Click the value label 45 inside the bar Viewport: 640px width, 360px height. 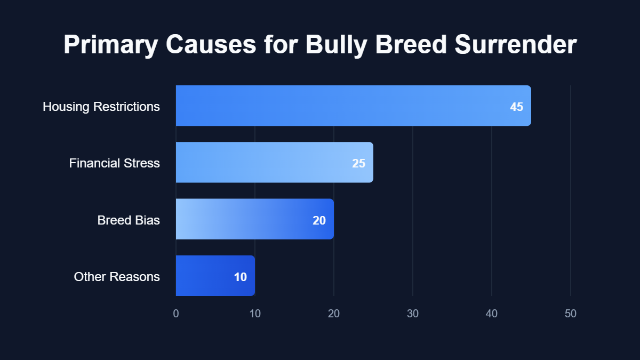point(516,107)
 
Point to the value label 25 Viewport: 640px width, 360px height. point(358,163)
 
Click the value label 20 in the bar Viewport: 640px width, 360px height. point(319,220)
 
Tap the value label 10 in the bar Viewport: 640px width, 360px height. point(240,277)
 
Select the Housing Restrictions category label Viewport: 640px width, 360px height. point(101,107)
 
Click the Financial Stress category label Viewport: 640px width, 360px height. point(115,163)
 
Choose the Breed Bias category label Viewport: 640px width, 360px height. point(129,220)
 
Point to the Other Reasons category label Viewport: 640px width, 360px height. point(117,277)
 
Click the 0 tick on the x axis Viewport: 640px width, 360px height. point(176,314)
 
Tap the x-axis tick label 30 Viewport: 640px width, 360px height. point(413,314)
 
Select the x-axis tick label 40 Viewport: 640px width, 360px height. point(492,314)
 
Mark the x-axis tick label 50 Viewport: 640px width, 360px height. point(571,314)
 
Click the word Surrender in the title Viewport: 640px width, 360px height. point(515,45)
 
